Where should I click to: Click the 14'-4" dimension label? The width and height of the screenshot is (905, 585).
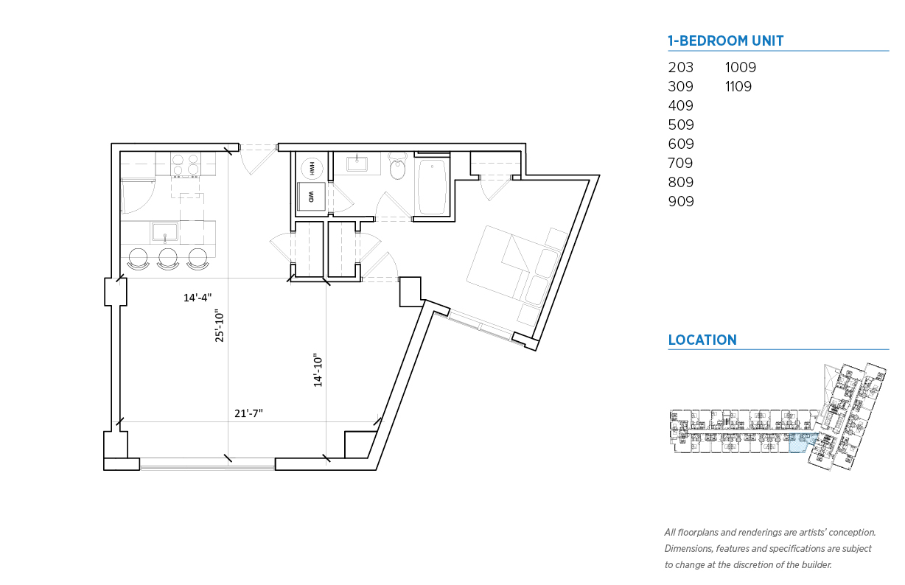[x=198, y=298]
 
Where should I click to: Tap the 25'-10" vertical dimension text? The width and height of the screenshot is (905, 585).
[x=219, y=326]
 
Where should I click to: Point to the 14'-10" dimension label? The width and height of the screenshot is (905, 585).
[x=318, y=371]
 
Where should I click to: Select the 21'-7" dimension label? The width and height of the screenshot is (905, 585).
[x=248, y=413]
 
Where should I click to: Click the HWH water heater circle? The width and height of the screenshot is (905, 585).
[x=312, y=168]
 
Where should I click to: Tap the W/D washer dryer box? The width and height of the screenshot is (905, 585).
[x=311, y=196]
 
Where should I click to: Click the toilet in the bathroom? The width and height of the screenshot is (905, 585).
[x=397, y=166]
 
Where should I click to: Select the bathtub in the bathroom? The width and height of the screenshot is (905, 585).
[x=432, y=187]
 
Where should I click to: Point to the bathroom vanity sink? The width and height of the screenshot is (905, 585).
[x=357, y=164]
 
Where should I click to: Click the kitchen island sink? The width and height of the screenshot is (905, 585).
[x=165, y=232]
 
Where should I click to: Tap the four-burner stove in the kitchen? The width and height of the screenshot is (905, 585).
[x=186, y=165]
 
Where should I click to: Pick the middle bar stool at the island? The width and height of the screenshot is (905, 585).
[x=168, y=259]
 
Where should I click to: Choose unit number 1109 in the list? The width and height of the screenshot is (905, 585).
[x=738, y=86]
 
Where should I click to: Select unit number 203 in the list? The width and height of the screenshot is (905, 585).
[x=680, y=67]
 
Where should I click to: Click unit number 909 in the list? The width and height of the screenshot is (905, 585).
[x=681, y=201]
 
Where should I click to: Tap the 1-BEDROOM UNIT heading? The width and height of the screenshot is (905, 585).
[x=726, y=41]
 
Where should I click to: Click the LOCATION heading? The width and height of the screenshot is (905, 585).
[x=702, y=340]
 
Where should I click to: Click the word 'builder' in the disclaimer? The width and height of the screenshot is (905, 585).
[x=817, y=564]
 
